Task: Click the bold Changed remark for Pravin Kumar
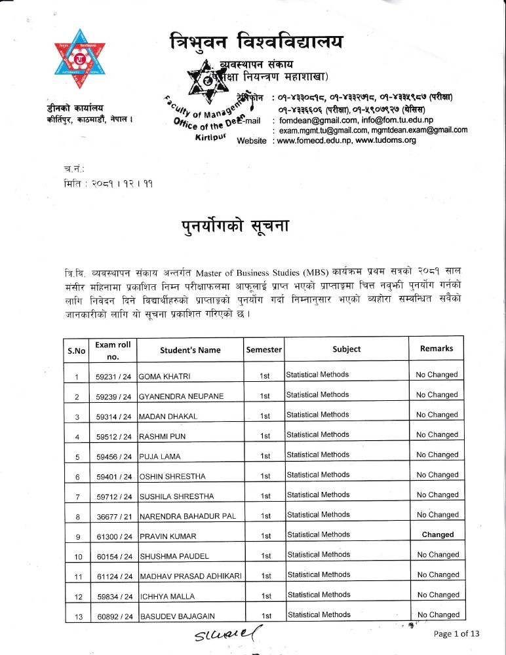[437, 534]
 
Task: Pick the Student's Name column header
[190, 350]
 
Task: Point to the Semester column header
[263, 350]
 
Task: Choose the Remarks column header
[437, 348]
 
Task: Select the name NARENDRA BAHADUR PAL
[187, 516]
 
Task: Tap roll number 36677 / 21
[113, 516]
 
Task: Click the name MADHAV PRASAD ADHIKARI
[189, 576]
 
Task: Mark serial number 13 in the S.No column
[77, 616]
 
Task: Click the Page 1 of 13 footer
[457, 633]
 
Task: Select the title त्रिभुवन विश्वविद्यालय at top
[255, 43]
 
